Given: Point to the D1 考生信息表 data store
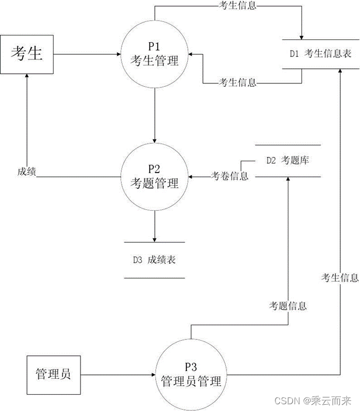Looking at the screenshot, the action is [321, 54].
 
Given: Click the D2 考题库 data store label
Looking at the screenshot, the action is [288, 160].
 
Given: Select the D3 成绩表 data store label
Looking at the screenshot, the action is [154, 260].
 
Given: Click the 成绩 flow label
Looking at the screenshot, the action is [26, 172].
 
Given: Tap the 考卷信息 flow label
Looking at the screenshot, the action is [229, 175].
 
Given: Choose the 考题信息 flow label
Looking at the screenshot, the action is [288, 306].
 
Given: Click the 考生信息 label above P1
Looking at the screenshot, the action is [237, 6].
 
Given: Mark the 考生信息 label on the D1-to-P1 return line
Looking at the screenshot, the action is [237, 82].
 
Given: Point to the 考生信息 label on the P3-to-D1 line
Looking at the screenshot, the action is [340, 277].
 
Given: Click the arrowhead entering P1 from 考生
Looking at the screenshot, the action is [119, 54].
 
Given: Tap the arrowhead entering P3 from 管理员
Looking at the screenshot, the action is [154, 374].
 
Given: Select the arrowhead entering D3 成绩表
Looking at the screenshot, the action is [154, 240].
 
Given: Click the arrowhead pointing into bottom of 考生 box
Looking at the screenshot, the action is [26, 76].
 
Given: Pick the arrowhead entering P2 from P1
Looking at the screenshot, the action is [154, 141].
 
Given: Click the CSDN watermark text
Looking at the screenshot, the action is [313, 401].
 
